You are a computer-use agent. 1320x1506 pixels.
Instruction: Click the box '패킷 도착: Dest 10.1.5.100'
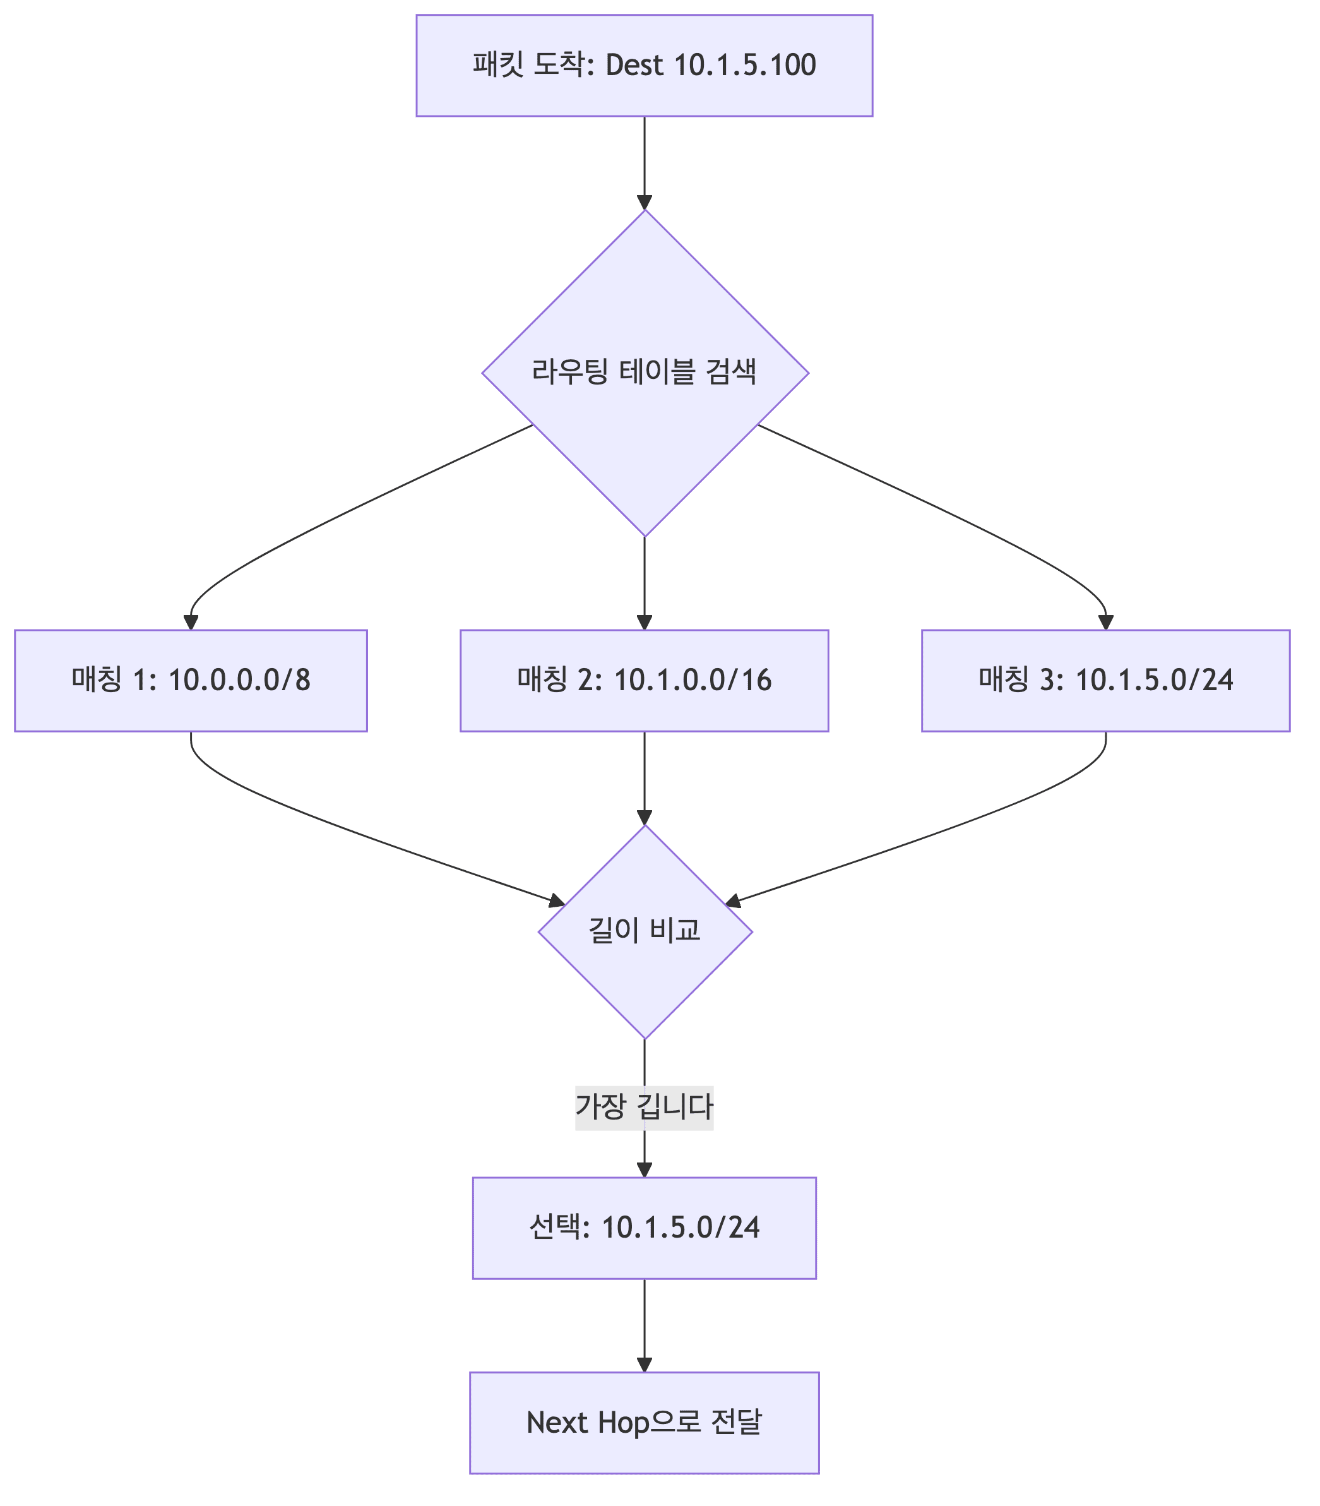click(x=644, y=66)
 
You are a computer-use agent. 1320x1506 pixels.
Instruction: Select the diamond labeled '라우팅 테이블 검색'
click(x=645, y=373)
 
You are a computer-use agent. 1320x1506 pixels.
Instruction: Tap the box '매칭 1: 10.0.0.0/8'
click(x=191, y=680)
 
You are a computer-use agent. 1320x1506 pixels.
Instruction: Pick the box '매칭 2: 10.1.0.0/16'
click(x=644, y=680)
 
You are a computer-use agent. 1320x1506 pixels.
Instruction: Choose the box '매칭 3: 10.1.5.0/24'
click(x=1105, y=680)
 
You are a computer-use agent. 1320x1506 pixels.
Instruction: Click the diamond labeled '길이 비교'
click(x=645, y=931)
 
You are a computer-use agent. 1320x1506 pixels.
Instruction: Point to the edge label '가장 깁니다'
click(x=644, y=1108)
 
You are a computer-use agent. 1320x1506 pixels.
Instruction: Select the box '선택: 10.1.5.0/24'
click(x=644, y=1228)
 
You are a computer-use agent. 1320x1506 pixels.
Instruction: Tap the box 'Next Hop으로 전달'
click(x=644, y=1423)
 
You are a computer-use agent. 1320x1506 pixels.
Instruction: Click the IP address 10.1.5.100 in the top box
click(x=745, y=66)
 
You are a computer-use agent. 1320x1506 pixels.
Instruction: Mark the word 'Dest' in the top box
click(x=634, y=66)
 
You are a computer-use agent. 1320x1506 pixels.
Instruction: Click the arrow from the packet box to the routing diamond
click(x=645, y=162)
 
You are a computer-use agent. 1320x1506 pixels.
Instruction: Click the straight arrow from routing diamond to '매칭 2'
click(x=645, y=582)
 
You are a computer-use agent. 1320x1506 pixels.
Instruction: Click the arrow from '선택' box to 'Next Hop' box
click(x=645, y=1325)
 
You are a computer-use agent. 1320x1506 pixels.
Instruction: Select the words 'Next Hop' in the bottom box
click(x=587, y=1423)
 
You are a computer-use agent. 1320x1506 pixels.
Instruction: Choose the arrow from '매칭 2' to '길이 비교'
click(x=645, y=777)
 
